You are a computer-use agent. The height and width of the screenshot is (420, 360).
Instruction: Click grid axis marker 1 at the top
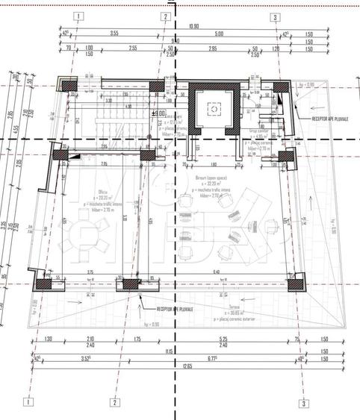79,16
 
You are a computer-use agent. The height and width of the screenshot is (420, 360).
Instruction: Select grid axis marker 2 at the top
165,16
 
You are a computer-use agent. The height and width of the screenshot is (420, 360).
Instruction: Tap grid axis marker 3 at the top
276,16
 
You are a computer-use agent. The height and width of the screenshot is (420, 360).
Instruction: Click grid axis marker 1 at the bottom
29,401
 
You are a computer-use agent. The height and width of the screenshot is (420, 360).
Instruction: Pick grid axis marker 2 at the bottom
115,401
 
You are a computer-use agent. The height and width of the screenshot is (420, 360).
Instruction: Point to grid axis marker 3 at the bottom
304,403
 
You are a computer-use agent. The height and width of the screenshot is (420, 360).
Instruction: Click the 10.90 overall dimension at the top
193,27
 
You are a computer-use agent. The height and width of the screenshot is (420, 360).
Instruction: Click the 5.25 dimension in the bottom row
222,339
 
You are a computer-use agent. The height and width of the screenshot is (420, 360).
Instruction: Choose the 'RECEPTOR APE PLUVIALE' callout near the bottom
174,309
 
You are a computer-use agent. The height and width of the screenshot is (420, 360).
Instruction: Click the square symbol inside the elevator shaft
214,109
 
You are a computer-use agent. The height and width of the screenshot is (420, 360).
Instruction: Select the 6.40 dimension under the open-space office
216,272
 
